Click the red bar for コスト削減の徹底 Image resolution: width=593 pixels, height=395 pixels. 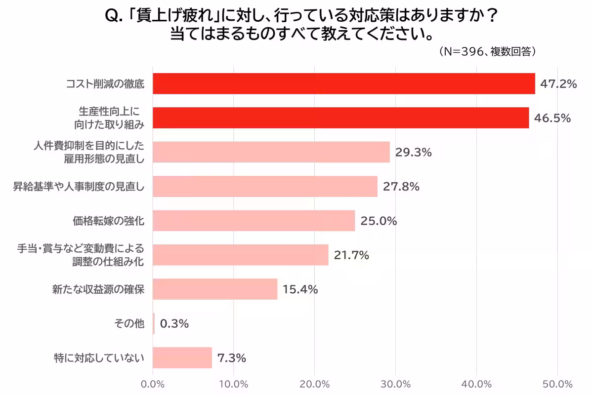(x=343, y=83)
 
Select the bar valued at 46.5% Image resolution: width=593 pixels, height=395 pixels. (x=340, y=118)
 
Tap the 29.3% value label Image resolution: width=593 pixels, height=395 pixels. (x=414, y=153)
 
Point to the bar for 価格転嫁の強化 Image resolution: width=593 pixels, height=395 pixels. (x=254, y=221)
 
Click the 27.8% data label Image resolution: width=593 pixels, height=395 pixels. (x=401, y=187)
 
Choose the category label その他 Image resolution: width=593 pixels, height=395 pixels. (x=129, y=324)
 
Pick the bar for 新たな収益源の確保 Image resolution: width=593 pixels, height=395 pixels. (x=215, y=289)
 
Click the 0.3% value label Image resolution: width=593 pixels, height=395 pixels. (x=174, y=324)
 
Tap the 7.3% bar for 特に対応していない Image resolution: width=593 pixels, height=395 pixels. (x=182, y=358)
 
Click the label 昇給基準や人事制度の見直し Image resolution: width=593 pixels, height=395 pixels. (x=79, y=187)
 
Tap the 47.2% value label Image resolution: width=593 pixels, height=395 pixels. (x=558, y=84)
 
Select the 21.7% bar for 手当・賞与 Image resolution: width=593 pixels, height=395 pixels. (x=240, y=255)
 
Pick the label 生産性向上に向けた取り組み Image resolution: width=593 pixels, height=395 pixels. (x=112, y=118)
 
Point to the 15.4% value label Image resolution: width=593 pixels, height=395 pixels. (x=300, y=290)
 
